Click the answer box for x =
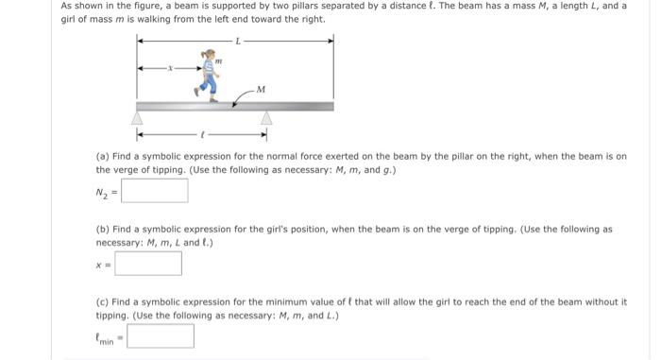147,263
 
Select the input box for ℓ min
161,335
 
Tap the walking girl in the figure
209,76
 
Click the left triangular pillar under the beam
138,119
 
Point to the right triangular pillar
266,119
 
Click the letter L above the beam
238,41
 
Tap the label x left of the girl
170,68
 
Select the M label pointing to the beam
261,90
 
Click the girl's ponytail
200,59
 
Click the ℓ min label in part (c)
104,337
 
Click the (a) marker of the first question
102,156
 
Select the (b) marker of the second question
102,229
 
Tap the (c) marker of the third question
102,301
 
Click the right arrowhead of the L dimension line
330,41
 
